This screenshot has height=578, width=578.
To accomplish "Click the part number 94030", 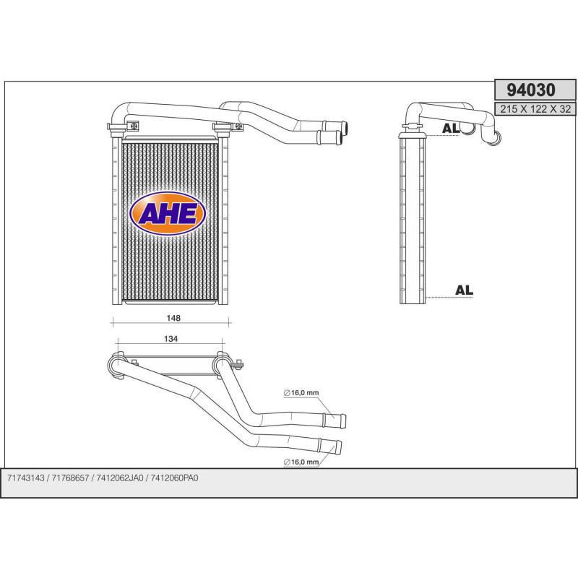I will [530, 90].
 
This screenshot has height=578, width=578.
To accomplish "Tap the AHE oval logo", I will [168, 213].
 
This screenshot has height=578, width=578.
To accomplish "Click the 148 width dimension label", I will [173, 318].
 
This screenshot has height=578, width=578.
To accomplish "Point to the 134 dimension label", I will [171, 338].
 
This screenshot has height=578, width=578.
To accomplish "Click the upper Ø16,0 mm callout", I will [301, 393].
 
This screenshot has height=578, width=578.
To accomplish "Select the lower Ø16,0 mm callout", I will [301, 461].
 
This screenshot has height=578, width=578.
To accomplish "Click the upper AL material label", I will [450, 129].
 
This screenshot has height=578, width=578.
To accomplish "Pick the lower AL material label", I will [464, 290].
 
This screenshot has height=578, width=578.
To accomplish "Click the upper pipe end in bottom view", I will [339, 420].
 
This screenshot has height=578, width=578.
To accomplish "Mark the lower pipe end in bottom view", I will [339, 447].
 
